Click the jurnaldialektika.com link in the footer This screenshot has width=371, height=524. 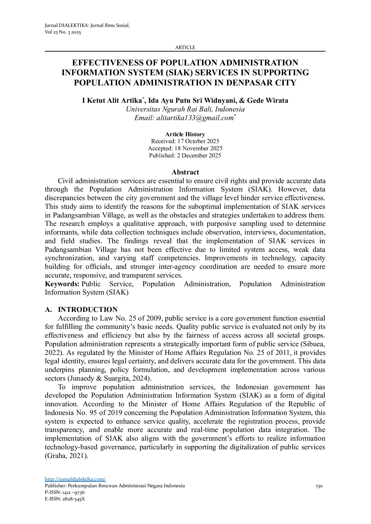(75, 479)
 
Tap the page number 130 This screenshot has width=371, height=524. (319, 486)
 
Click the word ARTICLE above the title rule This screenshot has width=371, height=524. (185, 47)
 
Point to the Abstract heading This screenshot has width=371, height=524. (185, 172)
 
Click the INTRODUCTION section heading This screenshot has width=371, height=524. (88, 310)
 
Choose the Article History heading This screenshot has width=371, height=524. (185, 134)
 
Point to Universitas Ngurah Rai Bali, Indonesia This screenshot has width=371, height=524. (185, 109)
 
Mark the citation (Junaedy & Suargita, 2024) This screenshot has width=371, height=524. (110, 378)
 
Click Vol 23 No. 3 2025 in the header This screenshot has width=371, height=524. (63, 32)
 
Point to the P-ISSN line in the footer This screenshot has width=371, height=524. (65, 492)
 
